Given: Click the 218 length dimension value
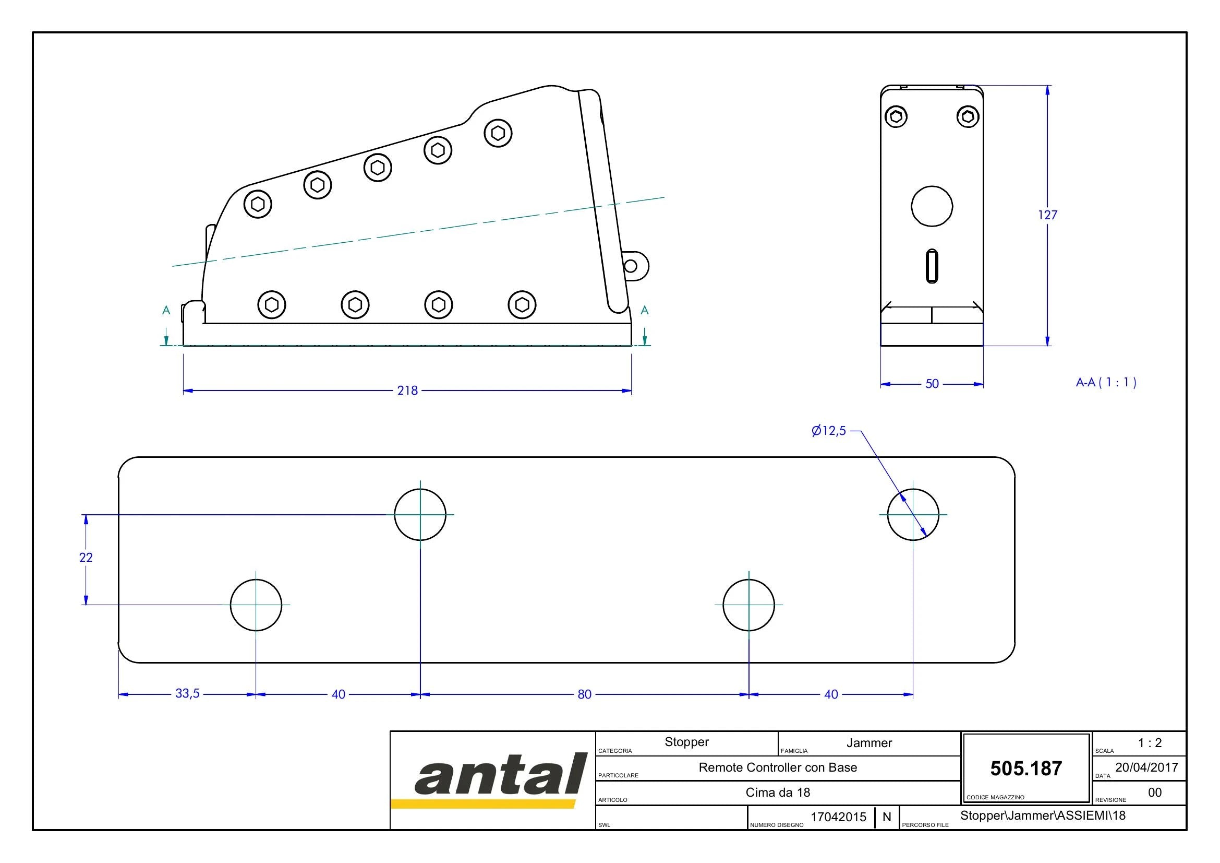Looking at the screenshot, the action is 407,391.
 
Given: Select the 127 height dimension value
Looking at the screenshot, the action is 1047,215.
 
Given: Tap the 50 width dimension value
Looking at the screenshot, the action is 932,384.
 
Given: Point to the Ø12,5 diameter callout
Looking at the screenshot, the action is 828,431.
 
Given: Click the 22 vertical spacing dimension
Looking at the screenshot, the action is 86,557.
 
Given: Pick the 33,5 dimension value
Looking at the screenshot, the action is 188,693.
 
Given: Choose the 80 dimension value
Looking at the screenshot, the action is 585,694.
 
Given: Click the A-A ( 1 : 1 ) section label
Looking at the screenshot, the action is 1106,382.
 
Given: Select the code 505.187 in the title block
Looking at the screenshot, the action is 1026,769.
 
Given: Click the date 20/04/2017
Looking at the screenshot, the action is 1146,767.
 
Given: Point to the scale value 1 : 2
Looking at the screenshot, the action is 1150,743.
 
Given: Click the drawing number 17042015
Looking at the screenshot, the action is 839,817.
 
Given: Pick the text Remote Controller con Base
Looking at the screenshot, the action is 778,767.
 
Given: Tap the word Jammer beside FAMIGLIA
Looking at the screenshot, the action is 869,743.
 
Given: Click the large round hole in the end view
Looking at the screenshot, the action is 932,206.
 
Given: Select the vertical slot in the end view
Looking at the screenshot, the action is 932,266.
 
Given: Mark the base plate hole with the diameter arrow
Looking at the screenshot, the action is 913,515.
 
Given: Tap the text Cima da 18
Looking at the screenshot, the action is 778,793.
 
